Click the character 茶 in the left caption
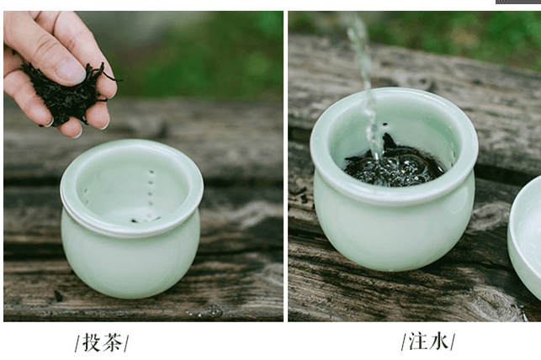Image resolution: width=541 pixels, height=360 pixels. click(113, 342)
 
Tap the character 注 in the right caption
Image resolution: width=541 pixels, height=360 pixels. click(418, 341)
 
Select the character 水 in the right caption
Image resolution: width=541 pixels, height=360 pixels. click(438, 341)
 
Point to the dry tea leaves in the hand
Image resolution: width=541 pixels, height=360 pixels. click(69, 93)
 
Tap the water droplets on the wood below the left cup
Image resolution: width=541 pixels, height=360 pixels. click(207, 311)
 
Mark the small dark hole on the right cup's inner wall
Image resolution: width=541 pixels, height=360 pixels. click(385, 124)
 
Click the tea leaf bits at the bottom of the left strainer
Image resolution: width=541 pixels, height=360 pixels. click(146, 219)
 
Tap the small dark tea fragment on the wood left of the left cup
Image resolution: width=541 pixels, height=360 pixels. click(58, 296)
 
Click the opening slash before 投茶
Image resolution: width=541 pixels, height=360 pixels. click(77, 343)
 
